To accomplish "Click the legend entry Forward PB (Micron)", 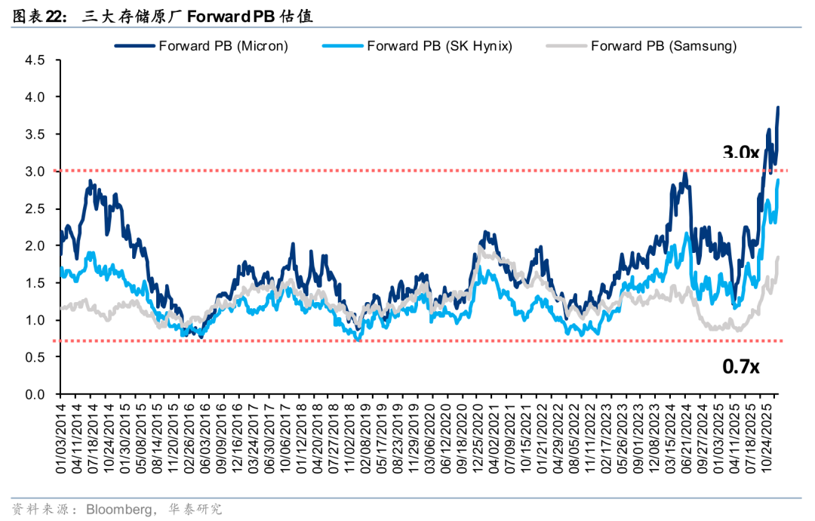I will click(x=223, y=46).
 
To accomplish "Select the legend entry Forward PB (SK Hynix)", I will click(x=439, y=46).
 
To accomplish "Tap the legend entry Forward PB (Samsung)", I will click(x=663, y=46).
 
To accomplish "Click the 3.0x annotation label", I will click(x=740, y=153).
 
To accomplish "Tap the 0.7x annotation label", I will click(x=740, y=367).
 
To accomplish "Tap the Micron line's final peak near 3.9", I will click(x=778, y=107).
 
